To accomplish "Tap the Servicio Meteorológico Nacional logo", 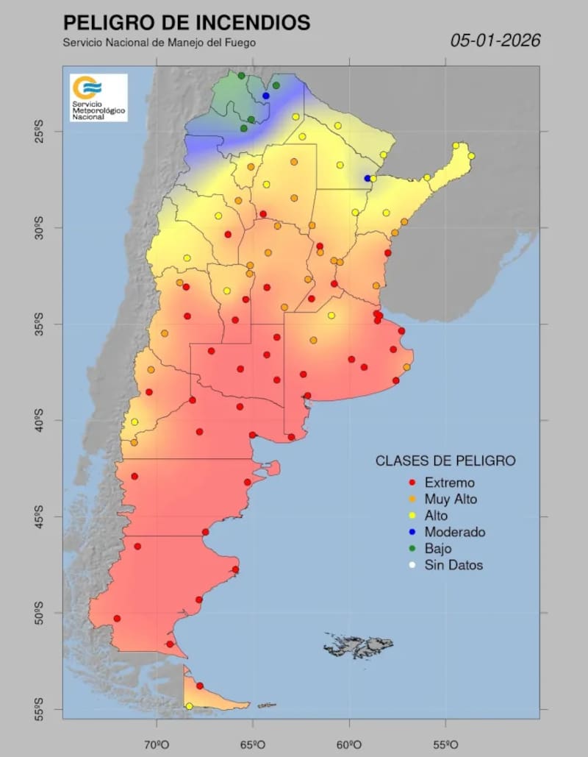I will tap(98, 98).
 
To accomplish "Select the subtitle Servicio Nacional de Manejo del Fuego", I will tap(159, 43).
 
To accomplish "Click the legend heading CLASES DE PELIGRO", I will tap(445, 461).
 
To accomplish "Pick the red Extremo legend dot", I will tap(412, 483).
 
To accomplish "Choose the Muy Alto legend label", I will tap(451, 500).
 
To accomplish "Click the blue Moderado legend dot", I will tap(412, 532).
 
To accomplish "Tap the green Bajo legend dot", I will tap(412, 549).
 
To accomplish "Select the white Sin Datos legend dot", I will tap(412, 565).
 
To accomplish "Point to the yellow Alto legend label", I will tap(436, 516).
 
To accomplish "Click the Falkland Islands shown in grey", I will tap(358, 646).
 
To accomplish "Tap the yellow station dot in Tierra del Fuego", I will tap(190, 706).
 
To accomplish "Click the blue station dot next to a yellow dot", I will tap(367, 178).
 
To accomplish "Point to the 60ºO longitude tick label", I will tap(348, 744).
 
